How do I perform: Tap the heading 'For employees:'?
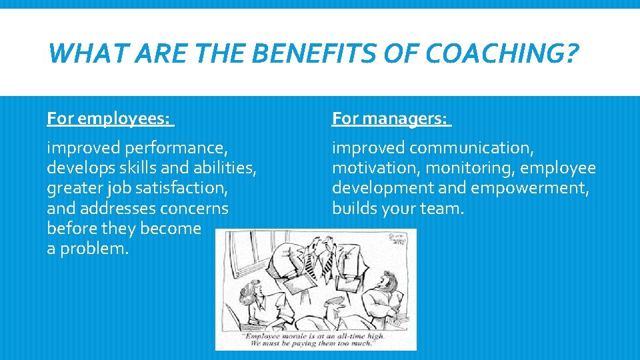tap(109, 119)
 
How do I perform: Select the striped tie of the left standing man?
tap(309, 263)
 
